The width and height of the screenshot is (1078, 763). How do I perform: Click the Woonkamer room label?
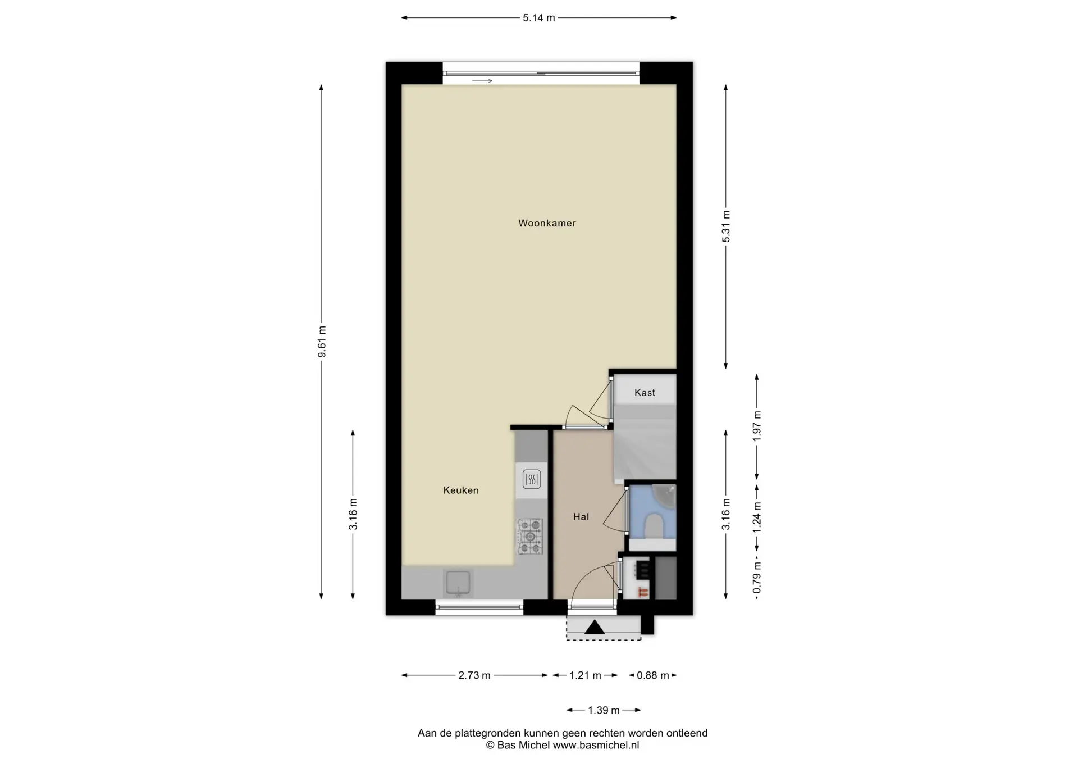(547, 223)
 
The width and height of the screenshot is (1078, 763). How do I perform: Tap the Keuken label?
(461, 490)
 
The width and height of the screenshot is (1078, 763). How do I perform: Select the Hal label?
(581, 517)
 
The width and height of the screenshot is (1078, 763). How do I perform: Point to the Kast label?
(645, 393)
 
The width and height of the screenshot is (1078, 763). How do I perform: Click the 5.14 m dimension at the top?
(539, 18)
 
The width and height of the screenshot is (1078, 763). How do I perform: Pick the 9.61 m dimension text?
(322, 342)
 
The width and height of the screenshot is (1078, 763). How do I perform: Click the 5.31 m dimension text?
(726, 226)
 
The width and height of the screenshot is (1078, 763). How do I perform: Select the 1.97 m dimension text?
(757, 426)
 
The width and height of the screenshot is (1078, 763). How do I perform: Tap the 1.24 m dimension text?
(757, 516)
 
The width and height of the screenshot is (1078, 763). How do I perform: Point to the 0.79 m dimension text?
(757, 578)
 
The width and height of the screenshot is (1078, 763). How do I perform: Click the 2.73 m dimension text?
(474, 675)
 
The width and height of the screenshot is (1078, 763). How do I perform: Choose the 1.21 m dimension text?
(585, 675)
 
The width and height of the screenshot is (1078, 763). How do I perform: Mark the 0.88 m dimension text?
(653, 675)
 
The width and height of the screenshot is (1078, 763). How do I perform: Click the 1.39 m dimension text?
(604, 711)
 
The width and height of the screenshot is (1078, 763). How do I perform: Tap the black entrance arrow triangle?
(595, 628)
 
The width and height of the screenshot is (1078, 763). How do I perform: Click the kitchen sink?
(459, 583)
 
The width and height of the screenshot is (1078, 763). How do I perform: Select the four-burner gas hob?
(530, 537)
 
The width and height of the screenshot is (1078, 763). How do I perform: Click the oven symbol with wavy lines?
(532, 479)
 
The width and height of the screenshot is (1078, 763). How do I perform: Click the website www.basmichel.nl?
(596, 746)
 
